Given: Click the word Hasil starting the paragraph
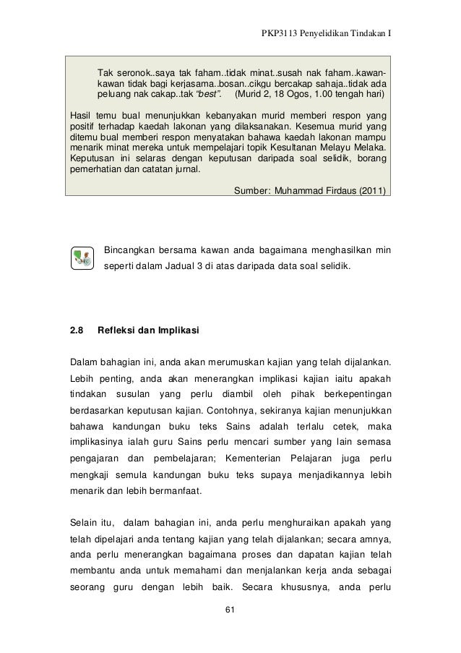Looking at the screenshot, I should coord(81,116).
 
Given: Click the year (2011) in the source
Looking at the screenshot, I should coord(371,192).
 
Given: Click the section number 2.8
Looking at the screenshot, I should coord(77,331).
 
